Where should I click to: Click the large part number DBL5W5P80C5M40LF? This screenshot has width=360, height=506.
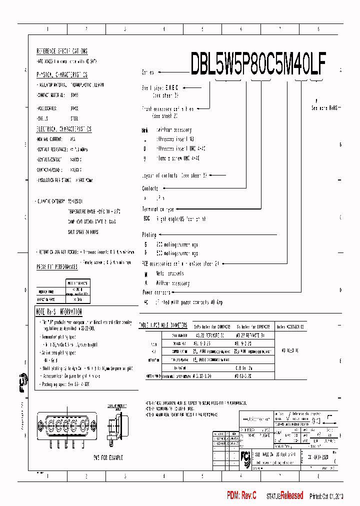[258, 63]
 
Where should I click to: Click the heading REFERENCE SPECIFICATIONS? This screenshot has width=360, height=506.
[62, 51]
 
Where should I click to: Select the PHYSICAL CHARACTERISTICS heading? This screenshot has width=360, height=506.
[62, 74]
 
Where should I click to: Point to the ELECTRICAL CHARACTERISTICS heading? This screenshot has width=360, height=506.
[64, 129]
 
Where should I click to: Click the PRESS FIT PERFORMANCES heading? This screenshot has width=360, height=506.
[57, 267]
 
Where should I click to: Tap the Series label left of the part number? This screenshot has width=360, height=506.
[148, 72]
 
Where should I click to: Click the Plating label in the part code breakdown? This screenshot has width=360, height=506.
[149, 234]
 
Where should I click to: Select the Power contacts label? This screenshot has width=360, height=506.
[156, 292]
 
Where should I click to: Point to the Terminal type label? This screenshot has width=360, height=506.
[158, 209]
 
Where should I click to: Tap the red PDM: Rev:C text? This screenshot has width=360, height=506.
[241, 495]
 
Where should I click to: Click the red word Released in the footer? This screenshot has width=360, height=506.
[291, 495]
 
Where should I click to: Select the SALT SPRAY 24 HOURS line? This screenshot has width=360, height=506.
[83, 232]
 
